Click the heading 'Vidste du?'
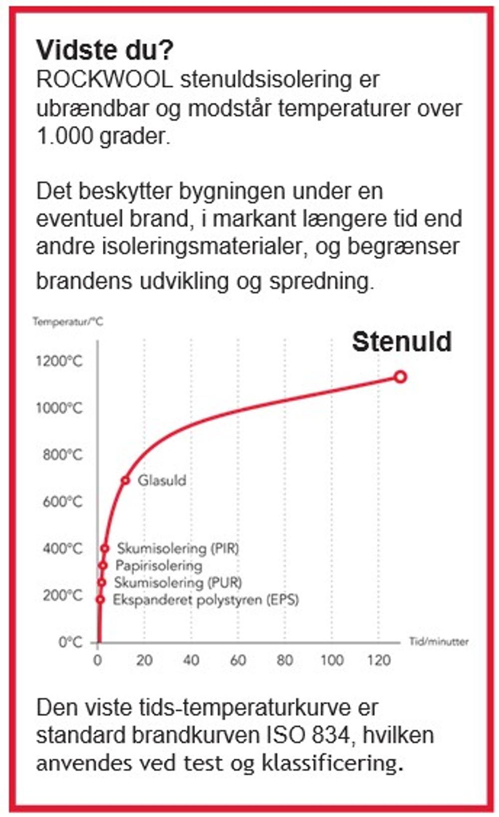pyautogui.click(x=105, y=50)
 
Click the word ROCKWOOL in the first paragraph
pyautogui.click(x=104, y=80)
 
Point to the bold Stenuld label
pyautogui.click(x=402, y=342)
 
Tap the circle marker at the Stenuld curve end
pyautogui.click(x=400, y=377)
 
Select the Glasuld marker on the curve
pyautogui.click(x=125, y=481)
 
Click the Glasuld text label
pyautogui.click(x=162, y=481)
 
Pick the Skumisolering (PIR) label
pyautogui.click(x=178, y=548)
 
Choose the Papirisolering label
pyautogui.click(x=159, y=565)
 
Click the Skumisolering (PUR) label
pyautogui.click(x=178, y=582)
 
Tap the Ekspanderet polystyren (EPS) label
pyautogui.click(x=206, y=599)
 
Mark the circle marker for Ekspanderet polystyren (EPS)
pyautogui.click(x=100, y=599)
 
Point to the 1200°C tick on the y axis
pyautogui.click(x=59, y=361)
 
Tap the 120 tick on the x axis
pyautogui.click(x=379, y=661)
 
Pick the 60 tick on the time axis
pyautogui.click(x=238, y=661)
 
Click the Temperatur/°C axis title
pyautogui.click(x=68, y=321)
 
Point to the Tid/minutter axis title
pyautogui.click(x=439, y=642)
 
